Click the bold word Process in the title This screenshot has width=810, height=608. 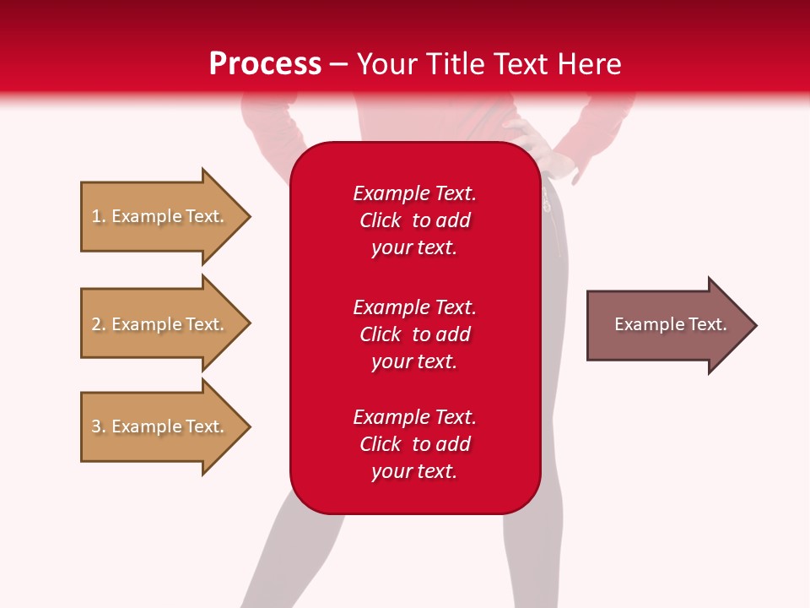[265, 64]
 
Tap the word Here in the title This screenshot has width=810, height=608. [589, 64]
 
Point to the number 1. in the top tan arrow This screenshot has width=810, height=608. [99, 216]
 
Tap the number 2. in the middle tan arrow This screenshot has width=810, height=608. [99, 324]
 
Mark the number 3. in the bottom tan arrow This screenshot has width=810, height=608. [99, 426]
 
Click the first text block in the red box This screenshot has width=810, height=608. [414, 220]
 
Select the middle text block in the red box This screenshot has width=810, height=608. [414, 334]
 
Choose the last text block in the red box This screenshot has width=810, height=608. [414, 444]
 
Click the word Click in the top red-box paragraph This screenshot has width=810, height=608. [381, 220]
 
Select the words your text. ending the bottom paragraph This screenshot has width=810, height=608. [414, 472]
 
